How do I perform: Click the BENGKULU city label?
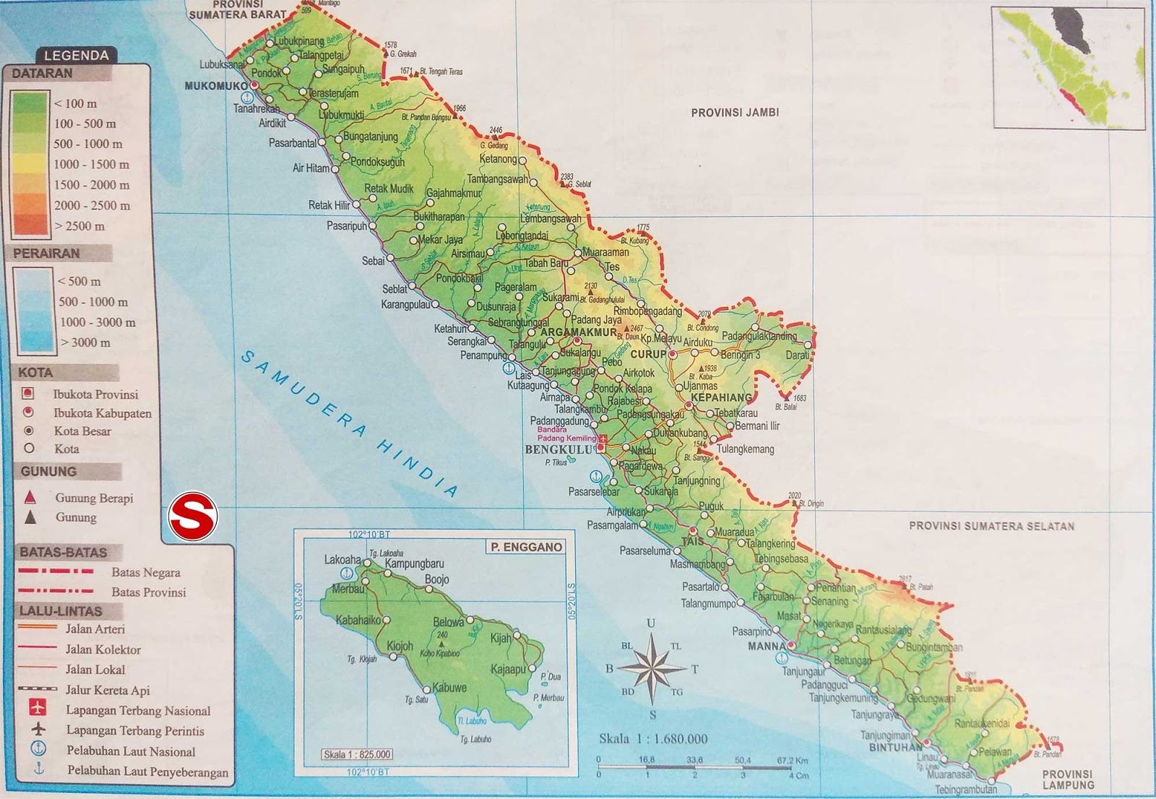coord(558,449)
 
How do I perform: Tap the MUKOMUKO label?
coord(216,86)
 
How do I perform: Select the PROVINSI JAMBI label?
coord(735,113)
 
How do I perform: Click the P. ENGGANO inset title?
coord(526,547)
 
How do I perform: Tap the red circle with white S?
coord(193,517)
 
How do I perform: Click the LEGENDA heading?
coord(76,56)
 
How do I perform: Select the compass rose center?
coord(652,668)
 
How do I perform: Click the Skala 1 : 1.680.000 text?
coord(653,738)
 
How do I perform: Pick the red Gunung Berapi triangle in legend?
coord(30,497)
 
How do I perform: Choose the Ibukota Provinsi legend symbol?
coord(28,394)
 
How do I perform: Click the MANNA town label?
coord(766,646)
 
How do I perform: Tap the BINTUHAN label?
coord(895,747)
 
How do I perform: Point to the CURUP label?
coord(648,355)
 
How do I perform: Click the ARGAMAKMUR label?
coord(579,332)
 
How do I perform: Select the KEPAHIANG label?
coord(721,397)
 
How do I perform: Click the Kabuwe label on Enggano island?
coord(449,688)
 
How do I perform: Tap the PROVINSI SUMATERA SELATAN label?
coord(991,526)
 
